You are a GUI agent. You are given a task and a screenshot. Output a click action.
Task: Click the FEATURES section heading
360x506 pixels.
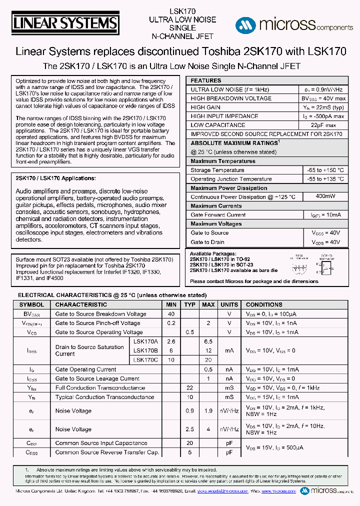click(205, 80)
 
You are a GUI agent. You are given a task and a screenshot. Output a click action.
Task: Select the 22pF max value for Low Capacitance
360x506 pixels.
click(323, 125)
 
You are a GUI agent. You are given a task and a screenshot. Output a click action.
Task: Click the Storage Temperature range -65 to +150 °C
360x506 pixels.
click(325, 170)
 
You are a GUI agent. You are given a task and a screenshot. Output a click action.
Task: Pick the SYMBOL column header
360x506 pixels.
click(31, 304)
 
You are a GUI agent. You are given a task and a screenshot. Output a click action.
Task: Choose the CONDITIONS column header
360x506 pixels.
click(264, 304)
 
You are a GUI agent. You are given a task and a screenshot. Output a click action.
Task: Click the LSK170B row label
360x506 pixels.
click(145, 350)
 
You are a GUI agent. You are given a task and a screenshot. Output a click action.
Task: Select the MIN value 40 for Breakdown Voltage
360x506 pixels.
click(171, 314)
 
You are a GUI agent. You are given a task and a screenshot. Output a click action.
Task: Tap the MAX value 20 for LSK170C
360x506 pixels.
click(208, 360)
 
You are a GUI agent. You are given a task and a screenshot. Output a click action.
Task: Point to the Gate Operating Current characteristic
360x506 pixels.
click(85, 369)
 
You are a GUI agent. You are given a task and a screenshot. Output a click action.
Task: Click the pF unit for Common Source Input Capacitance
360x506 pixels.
click(229, 443)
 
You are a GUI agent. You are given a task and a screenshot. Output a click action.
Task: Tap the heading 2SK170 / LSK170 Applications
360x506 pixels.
click(55, 178)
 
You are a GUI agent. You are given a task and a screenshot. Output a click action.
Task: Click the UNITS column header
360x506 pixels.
click(229, 304)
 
